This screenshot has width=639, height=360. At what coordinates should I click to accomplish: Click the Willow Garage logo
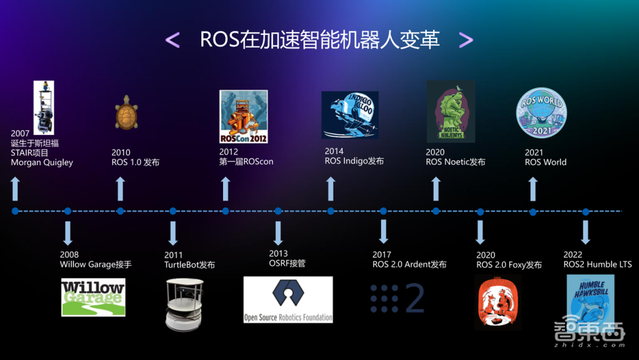93,297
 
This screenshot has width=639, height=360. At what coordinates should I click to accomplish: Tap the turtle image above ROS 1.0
127,113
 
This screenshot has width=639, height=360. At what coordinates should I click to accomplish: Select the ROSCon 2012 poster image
243,116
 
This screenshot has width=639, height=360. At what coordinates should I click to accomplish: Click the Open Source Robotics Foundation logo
288,299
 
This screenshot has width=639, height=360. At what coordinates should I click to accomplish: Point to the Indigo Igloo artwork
350,115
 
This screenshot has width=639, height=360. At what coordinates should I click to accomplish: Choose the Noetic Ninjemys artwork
450,111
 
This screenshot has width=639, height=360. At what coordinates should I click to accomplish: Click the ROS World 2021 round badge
541,112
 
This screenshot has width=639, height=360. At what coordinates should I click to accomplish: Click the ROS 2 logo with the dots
397,298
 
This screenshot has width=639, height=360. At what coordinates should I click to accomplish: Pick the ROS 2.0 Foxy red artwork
498,302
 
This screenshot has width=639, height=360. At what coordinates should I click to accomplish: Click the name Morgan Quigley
42,162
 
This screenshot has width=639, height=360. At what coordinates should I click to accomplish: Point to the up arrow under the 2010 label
120,189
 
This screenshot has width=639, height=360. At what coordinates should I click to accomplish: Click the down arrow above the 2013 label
278,233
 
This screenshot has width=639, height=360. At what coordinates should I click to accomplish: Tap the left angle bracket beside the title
173,40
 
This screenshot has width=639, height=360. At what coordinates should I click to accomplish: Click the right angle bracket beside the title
466,40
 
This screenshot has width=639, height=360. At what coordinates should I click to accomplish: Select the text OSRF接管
287,263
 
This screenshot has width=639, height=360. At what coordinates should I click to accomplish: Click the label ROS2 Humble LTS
597,264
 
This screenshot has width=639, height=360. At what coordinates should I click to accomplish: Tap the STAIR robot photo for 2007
43,107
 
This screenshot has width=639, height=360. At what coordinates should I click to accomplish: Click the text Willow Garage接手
96,264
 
